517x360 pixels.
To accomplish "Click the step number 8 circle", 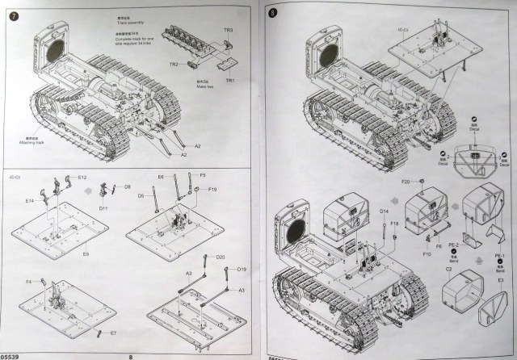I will (x=273, y=14).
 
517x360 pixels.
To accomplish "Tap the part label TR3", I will (x=229, y=30).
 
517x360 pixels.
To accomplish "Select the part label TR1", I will (x=231, y=82).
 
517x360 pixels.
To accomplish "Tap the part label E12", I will (x=82, y=177).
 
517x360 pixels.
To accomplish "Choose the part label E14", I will (x=29, y=200).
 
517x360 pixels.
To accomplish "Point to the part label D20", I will (x=220, y=257).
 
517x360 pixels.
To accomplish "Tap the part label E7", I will (x=113, y=333).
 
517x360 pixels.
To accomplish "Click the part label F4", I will (x=29, y=281).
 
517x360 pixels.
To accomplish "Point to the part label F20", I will (x=406, y=180).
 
